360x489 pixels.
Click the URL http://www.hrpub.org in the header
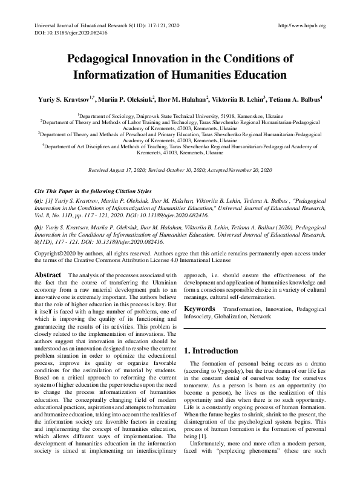click(301, 25)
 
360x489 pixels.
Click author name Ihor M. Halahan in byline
click(183, 97)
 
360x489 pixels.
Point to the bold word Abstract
click(47, 275)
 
